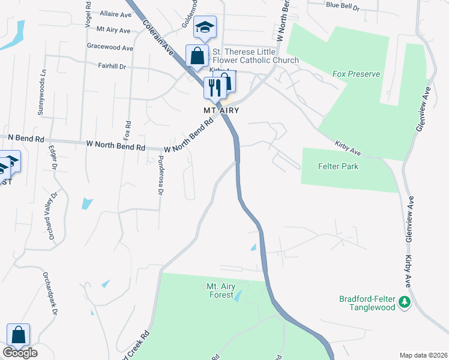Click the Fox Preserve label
click(x=357, y=74)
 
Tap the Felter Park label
click(x=338, y=166)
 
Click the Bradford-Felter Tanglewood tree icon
click(x=405, y=302)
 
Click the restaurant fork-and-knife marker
click(x=214, y=88)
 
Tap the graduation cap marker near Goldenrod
click(x=205, y=27)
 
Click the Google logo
click(x=20, y=352)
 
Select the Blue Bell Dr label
click(x=342, y=6)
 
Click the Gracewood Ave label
click(x=110, y=47)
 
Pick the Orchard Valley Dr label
click(x=50, y=215)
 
